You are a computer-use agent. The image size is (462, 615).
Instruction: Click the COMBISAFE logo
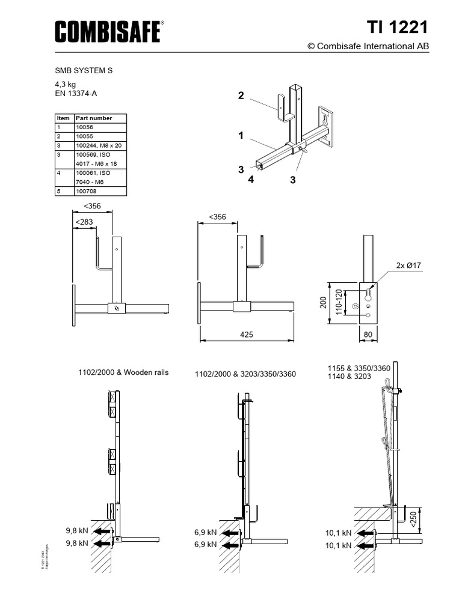pos(109,31)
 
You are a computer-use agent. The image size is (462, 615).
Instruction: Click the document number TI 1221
pos(398,28)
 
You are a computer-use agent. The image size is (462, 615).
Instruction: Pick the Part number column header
pos(93,118)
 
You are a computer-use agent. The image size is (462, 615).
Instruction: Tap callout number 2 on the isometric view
pos(241,95)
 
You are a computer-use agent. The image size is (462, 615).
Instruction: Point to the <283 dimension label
pos(84,223)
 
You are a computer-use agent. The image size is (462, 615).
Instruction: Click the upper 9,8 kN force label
pos(77,531)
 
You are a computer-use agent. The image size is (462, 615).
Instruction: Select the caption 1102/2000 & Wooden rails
pos(123,372)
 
